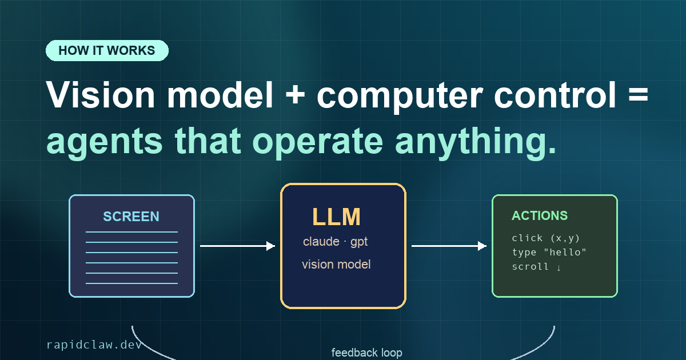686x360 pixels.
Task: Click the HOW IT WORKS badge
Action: click(107, 50)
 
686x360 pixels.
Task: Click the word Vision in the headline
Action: click(101, 95)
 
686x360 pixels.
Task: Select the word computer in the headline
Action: click(400, 97)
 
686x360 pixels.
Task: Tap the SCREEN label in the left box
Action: click(131, 217)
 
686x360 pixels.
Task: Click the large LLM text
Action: click(336, 217)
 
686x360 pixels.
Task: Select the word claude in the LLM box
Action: click(321, 242)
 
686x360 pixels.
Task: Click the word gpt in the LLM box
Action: click(359, 242)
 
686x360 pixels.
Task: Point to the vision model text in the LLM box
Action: click(336, 265)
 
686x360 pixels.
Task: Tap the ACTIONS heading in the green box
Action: click(540, 216)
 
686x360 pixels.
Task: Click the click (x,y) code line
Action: click(546, 238)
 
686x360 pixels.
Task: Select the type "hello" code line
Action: click(549, 252)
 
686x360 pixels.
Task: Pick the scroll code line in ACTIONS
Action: click(537, 267)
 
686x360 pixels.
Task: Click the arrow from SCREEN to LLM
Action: click(238, 246)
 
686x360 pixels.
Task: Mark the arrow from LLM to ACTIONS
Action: click(449, 246)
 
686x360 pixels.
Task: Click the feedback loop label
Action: click(367, 353)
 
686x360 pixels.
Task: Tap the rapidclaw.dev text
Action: click(94, 345)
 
